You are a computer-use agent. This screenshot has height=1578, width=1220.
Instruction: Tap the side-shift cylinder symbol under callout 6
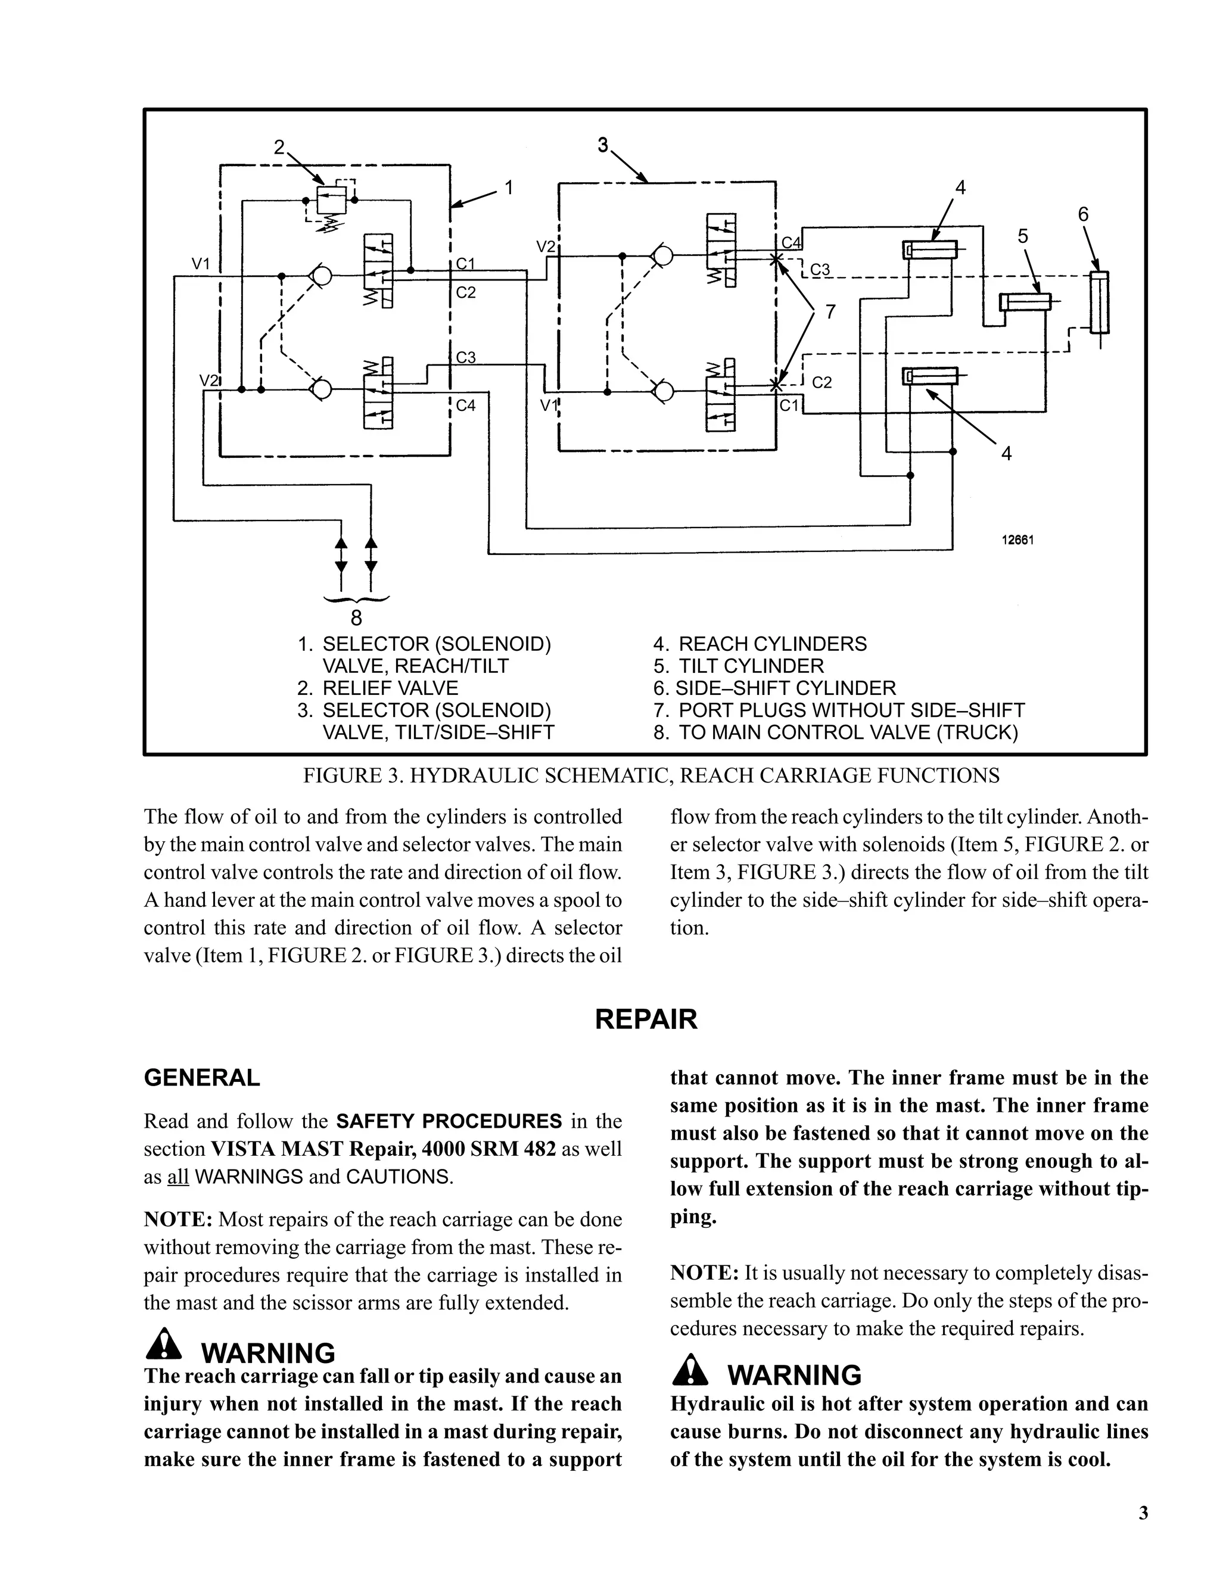click(x=1099, y=302)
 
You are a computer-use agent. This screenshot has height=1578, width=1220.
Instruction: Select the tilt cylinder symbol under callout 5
click(x=1025, y=301)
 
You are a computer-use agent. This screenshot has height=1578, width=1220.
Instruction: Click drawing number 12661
click(x=1017, y=539)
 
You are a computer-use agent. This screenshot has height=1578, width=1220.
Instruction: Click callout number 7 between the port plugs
click(x=830, y=312)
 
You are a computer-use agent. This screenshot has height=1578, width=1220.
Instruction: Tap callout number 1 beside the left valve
click(x=509, y=188)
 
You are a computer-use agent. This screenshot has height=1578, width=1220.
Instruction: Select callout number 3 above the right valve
click(x=603, y=145)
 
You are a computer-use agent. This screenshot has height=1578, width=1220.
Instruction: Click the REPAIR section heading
click(x=645, y=1019)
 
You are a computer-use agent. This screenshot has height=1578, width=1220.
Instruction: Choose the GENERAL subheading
click(x=202, y=1077)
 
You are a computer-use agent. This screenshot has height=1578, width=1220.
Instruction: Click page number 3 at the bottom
click(x=1143, y=1512)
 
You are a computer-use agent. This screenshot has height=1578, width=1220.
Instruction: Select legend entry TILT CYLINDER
click(x=750, y=666)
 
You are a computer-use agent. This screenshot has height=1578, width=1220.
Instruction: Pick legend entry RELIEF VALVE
click(x=390, y=688)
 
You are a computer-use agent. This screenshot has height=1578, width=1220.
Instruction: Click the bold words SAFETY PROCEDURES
click(x=449, y=1121)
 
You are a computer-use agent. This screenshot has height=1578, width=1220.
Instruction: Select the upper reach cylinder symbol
click(x=930, y=250)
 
